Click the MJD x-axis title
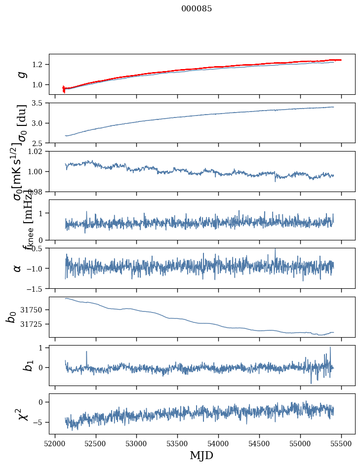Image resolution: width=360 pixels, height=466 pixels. click(x=201, y=455)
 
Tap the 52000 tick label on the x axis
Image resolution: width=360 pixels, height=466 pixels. click(x=55, y=444)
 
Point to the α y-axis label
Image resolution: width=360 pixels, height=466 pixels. click(x=18, y=268)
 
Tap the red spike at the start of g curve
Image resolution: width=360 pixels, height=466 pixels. click(x=63, y=89)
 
